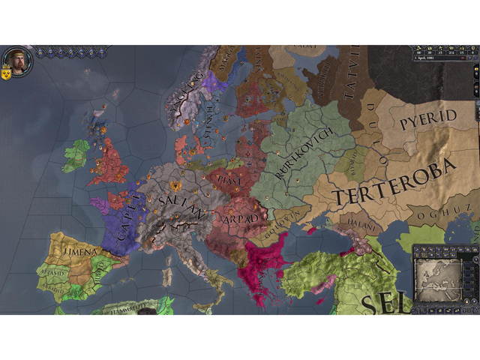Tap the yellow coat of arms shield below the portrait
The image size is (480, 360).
6,75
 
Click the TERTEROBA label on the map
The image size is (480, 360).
393,184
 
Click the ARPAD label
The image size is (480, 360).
241,218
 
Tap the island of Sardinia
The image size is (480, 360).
166,274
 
